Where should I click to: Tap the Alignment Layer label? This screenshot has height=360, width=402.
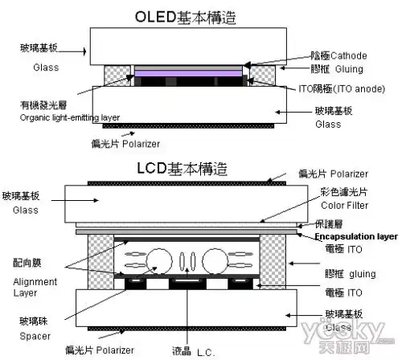32,288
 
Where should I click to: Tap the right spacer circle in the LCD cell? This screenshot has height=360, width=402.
221,262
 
